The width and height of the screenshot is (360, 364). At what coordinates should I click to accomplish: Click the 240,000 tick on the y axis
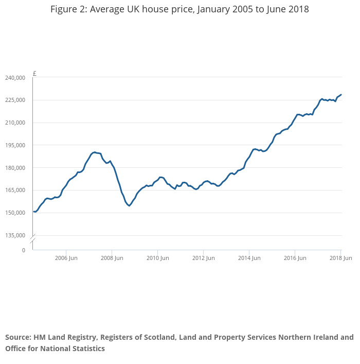[x=15, y=78]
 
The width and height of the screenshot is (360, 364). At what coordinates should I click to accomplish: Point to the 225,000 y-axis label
[x=15, y=100]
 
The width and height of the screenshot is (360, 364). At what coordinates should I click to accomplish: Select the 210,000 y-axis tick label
[x=15, y=123]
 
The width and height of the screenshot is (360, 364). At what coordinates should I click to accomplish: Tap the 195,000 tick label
[x=15, y=145]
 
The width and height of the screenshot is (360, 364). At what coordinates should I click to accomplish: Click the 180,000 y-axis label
[x=15, y=168]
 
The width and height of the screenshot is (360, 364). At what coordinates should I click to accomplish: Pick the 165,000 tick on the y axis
[x=15, y=190]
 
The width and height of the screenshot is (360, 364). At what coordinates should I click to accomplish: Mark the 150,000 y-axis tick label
[x=15, y=213]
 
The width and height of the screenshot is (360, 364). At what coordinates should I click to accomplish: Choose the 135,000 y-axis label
[x=15, y=236]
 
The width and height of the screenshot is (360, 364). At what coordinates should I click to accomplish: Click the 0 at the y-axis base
[x=23, y=250]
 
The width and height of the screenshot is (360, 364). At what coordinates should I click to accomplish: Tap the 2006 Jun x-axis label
[x=66, y=258]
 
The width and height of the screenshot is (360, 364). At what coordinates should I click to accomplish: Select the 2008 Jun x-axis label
[x=112, y=258]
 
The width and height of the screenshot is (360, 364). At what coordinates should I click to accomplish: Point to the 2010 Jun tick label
[x=157, y=258]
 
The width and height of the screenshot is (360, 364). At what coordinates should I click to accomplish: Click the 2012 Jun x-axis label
[x=203, y=258]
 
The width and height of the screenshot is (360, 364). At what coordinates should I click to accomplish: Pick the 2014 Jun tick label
[x=248, y=258]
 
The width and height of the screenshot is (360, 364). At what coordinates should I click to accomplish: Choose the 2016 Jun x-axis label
[x=294, y=258]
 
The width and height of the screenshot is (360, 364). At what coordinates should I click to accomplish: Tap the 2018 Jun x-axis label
[x=340, y=258]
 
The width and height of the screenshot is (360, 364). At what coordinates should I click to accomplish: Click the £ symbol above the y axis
[x=34, y=73]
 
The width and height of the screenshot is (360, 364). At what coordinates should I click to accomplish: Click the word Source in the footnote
[x=18, y=338]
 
